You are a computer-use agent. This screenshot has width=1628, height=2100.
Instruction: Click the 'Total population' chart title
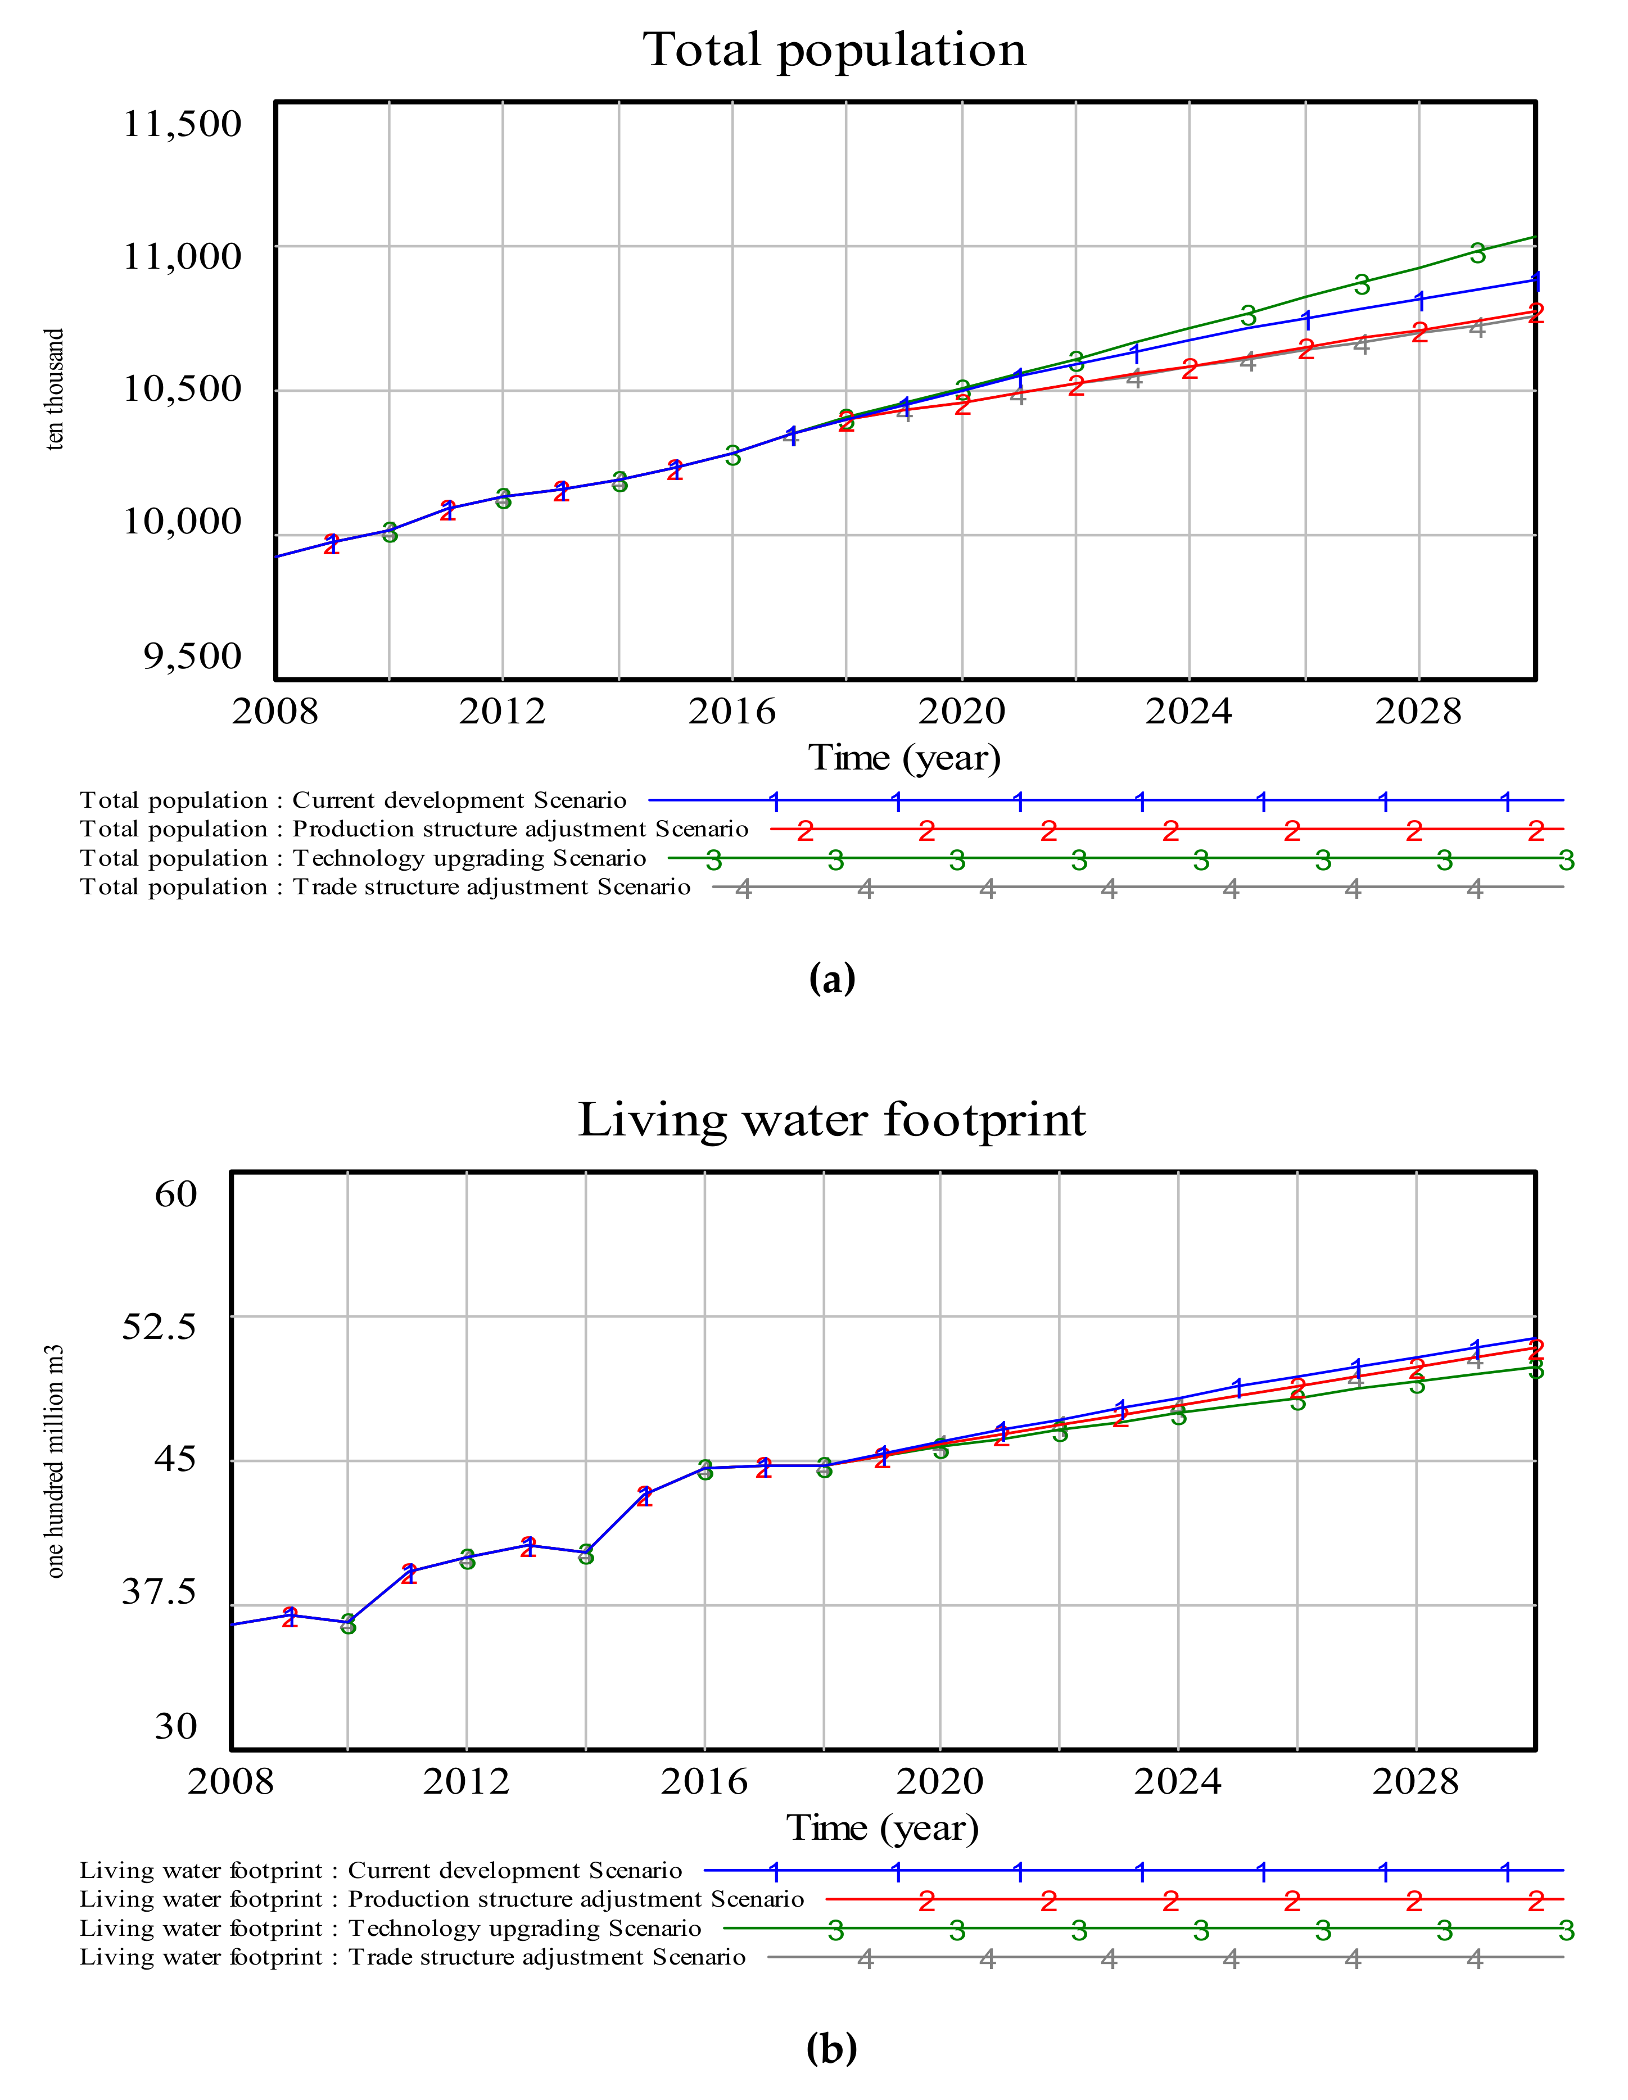(x=834, y=50)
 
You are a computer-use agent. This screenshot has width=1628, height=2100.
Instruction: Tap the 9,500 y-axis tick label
(x=192, y=656)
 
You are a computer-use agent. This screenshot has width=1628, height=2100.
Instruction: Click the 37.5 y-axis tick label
(x=159, y=1591)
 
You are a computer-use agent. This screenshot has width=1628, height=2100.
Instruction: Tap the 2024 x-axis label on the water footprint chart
(x=1177, y=1782)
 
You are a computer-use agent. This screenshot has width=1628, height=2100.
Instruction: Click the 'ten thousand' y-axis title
(x=55, y=390)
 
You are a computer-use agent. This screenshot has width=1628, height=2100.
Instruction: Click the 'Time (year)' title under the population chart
(x=904, y=758)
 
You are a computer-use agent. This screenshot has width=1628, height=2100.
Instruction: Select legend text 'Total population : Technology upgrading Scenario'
(x=363, y=858)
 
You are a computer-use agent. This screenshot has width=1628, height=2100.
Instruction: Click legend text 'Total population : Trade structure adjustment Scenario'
(x=385, y=886)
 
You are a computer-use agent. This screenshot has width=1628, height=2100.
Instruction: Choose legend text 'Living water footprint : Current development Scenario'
(x=381, y=1870)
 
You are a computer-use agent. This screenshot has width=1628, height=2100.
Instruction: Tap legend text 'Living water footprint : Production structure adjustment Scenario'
(x=441, y=1899)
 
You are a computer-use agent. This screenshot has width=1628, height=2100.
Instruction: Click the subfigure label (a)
(x=832, y=978)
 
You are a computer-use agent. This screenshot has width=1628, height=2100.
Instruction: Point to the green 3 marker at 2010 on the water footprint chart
(x=348, y=1624)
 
